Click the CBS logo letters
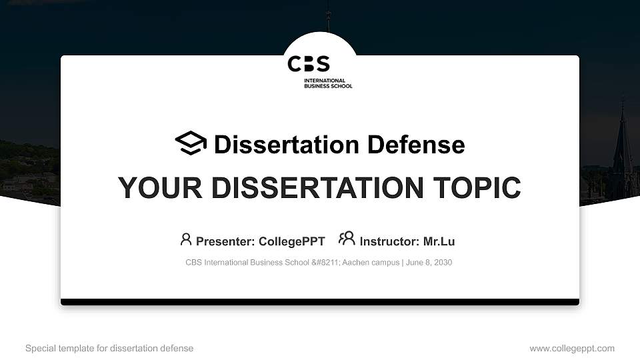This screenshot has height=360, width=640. click(309, 64)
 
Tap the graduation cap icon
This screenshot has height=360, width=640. click(191, 143)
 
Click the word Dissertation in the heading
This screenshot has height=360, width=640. click(287, 145)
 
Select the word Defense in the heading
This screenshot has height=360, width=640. click(416, 145)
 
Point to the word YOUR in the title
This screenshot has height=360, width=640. click(160, 188)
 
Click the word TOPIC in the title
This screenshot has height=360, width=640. click(477, 188)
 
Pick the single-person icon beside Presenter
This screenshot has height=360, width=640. click(186, 239)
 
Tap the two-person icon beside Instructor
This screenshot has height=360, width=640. click(347, 239)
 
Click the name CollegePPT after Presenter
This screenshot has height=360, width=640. click(292, 241)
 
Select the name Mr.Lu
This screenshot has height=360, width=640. click(439, 241)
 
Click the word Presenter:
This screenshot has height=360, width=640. click(225, 241)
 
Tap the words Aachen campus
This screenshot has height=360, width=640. click(371, 263)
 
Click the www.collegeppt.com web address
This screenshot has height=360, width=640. click(572, 349)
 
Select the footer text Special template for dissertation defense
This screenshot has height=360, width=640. click(109, 348)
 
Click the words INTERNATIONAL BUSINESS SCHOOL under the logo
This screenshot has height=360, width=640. click(328, 83)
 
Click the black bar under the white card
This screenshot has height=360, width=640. click(320, 302)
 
